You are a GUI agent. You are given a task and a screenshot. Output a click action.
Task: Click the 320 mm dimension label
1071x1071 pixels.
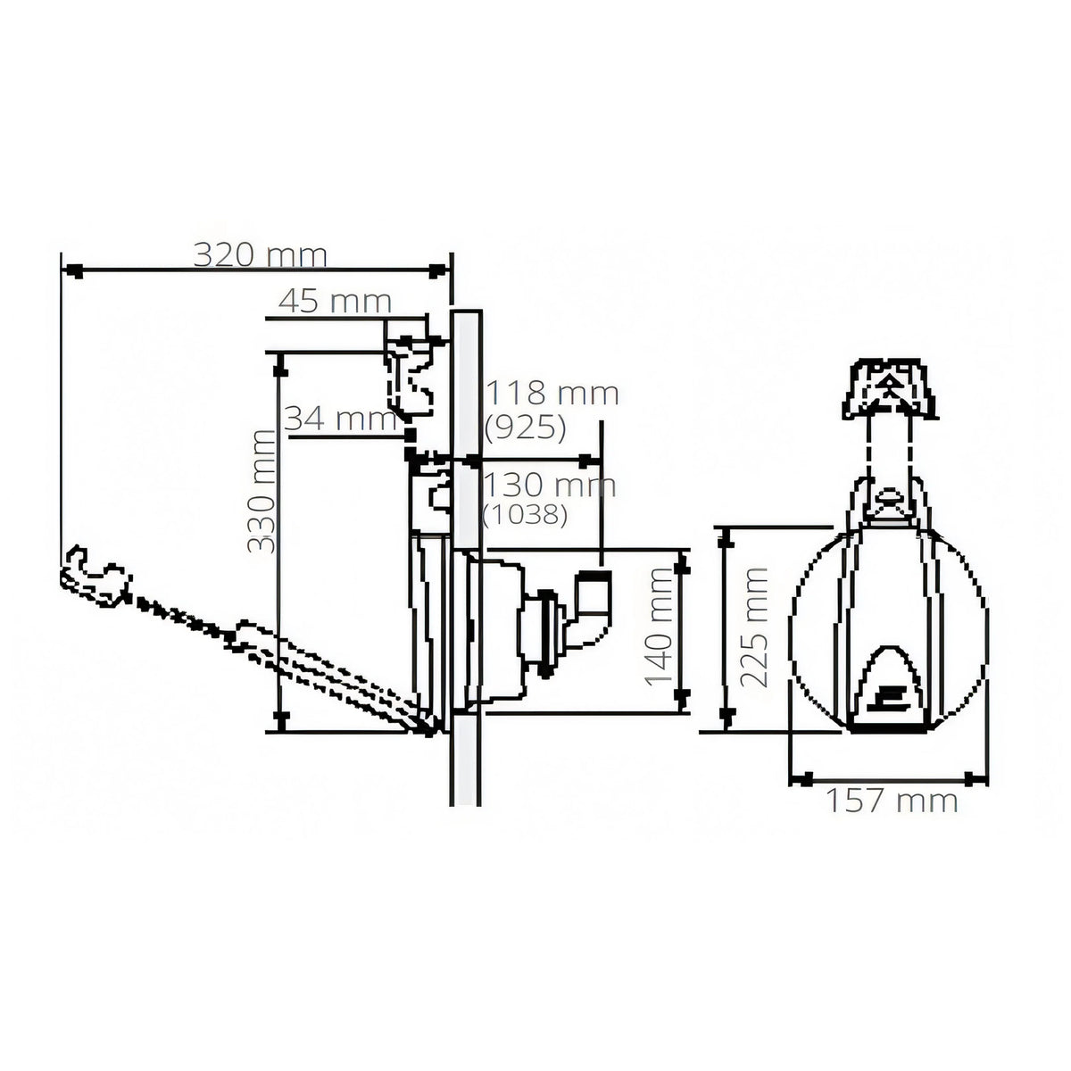(260, 255)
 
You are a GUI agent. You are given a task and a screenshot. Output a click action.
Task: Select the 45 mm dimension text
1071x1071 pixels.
(336, 302)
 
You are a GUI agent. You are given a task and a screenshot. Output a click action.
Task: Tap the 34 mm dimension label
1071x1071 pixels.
(341, 419)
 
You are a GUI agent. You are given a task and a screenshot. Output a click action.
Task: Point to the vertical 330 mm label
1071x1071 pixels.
(262, 491)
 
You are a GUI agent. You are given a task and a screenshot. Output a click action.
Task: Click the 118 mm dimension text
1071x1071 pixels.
(552, 394)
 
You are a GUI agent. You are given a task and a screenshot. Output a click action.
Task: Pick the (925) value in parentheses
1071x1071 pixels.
(526, 428)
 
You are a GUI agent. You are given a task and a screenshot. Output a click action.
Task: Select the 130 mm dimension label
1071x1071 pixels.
(551, 486)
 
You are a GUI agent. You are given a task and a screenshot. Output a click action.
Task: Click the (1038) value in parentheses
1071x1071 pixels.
(525, 516)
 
